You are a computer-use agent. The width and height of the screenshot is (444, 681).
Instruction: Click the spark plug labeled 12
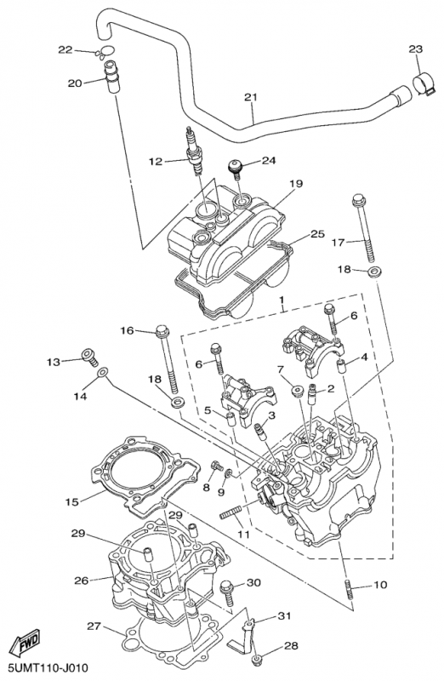click(194, 152)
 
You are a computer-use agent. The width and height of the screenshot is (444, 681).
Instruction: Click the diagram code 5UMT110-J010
click(45, 667)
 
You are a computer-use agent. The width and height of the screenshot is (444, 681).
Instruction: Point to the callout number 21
click(250, 97)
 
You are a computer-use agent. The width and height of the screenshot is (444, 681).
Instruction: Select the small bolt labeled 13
click(90, 356)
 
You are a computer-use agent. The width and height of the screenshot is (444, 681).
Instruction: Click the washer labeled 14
click(103, 372)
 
